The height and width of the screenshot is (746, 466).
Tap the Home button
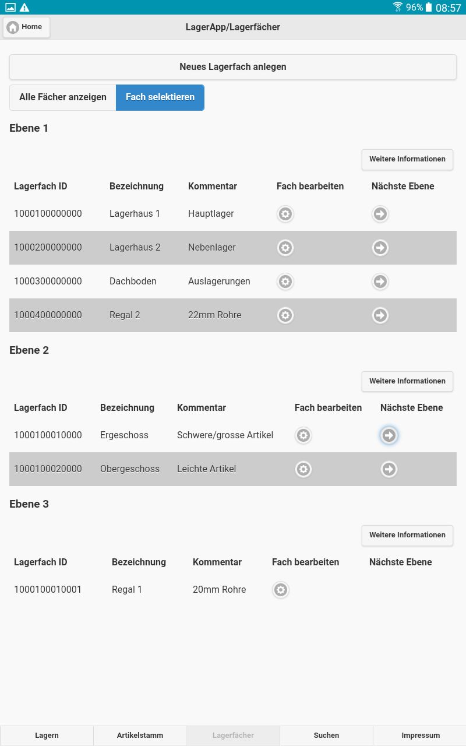26,27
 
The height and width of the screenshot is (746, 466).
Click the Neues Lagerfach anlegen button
233,67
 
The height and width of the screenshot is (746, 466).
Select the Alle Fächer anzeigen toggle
63,97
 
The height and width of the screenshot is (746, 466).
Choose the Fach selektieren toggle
160,97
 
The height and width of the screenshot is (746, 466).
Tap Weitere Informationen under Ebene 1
407,159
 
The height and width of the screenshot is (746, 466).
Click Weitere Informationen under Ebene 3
407,535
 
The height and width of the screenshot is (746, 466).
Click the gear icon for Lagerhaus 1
285,214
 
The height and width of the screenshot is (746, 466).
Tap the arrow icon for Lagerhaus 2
380,248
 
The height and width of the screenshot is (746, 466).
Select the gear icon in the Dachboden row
285,282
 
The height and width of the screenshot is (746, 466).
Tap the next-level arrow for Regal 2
380,316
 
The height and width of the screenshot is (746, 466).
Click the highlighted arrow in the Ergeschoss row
389,435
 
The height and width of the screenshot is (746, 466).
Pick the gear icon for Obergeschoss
303,469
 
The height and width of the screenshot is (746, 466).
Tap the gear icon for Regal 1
281,590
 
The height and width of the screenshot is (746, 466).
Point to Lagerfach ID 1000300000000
48,281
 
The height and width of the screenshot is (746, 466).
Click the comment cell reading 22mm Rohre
214,315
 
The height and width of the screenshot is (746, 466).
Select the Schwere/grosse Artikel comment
225,435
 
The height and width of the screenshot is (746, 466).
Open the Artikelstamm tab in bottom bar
140,736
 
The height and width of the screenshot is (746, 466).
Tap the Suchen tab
326,736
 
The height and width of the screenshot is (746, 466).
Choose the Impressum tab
421,736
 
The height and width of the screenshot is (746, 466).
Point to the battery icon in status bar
429,8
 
